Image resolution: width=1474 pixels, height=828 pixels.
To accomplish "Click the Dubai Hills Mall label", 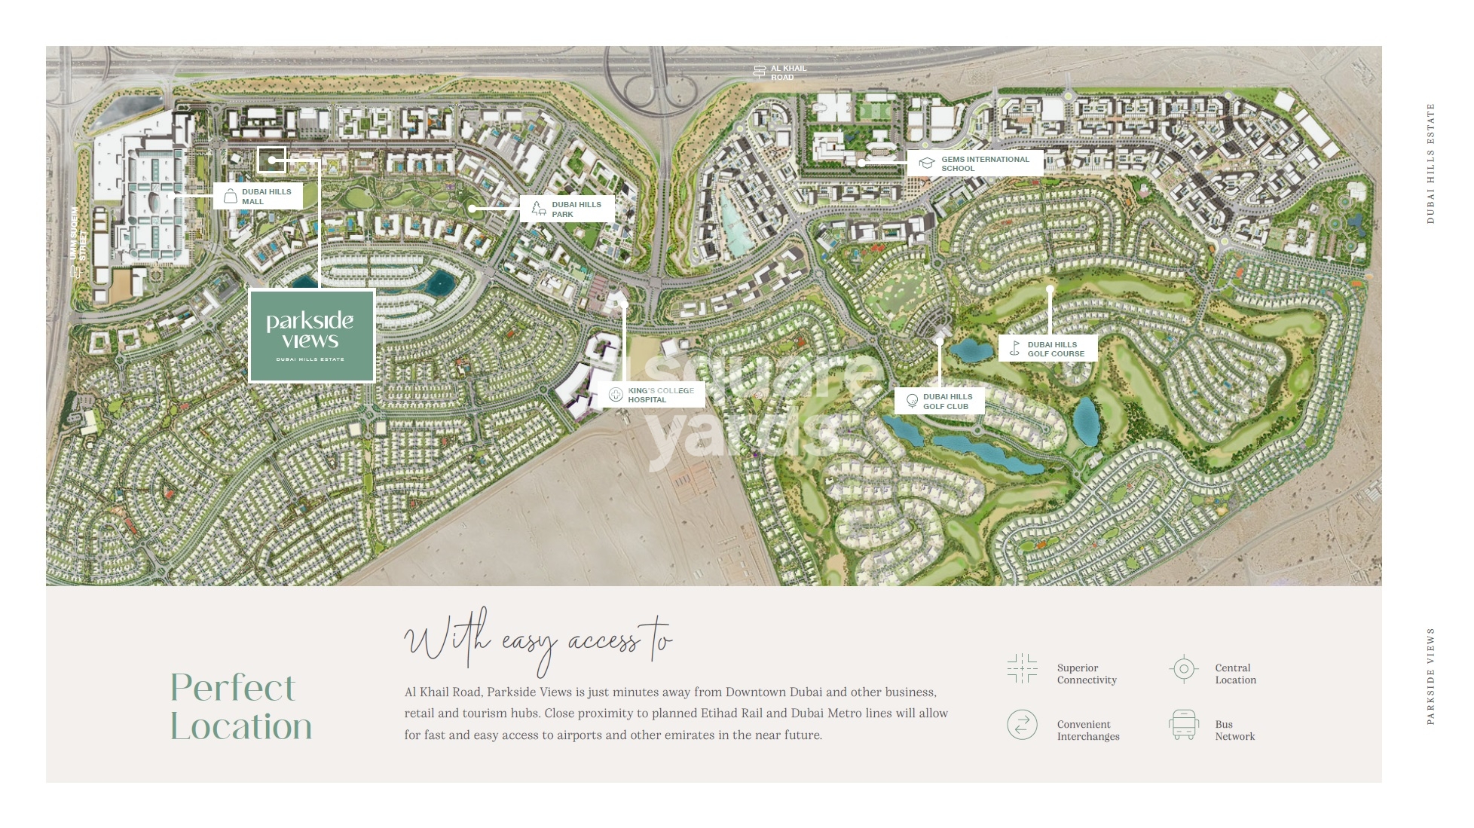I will [x=258, y=197].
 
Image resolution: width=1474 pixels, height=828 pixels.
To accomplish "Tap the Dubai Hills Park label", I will [x=567, y=209].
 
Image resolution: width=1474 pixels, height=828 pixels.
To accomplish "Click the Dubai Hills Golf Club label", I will [x=940, y=402].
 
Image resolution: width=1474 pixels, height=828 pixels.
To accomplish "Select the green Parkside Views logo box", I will [x=311, y=335].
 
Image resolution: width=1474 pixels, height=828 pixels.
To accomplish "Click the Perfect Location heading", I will [x=240, y=707].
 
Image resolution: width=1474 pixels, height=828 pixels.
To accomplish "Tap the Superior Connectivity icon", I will [x=1022, y=668].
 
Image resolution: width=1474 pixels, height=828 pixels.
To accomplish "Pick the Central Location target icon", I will [x=1183, y=668].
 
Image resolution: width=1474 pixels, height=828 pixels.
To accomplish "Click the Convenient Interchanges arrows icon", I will [x=1022, y=725].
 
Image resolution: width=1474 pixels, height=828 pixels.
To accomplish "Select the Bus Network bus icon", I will [x=1183, y=725].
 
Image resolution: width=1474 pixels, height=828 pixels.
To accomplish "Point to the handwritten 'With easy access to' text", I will [x=538, y=641].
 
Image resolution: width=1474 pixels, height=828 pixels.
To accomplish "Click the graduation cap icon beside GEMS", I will [x=926, y=163].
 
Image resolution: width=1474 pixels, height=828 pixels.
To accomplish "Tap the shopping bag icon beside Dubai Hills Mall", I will [x=230, y=197].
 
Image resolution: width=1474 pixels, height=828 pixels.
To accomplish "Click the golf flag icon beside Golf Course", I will [x=1015, y=349].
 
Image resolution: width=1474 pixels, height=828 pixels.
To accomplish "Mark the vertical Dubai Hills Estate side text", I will [x=1430, y=163].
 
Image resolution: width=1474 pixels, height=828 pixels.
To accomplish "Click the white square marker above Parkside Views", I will [x=271, y=160].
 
